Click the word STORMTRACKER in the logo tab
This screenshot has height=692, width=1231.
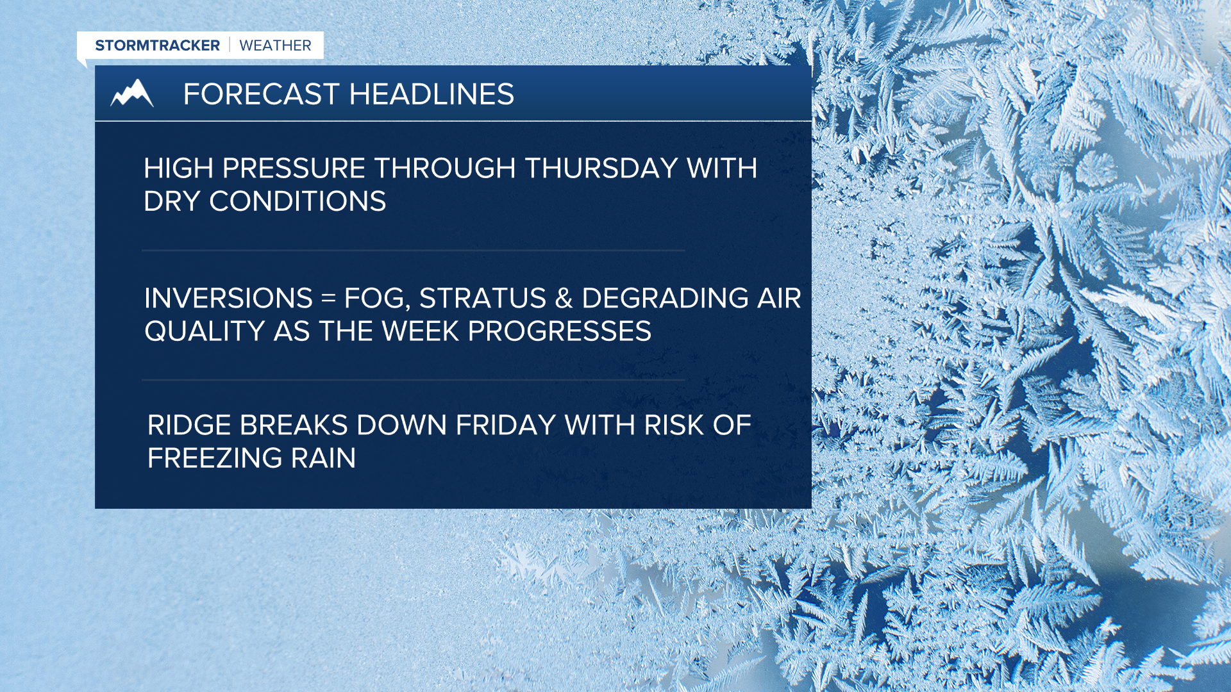[157, 45]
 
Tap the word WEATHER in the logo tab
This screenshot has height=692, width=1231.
[275, 45]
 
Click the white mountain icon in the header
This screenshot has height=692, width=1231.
[132, 94]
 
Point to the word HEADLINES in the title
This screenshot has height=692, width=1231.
[431, 94]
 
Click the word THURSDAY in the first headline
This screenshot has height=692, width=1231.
[601, 169]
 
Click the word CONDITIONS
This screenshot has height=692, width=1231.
[297, 202]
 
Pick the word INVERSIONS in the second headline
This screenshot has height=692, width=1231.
[228, 299]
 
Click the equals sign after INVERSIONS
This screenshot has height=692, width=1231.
[328, 299]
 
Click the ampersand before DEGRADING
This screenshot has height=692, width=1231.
[564, 299]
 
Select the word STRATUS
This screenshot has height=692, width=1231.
[482, 299]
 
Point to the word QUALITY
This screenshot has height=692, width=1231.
[205, 332]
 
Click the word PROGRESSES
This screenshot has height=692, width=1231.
[559, 332]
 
